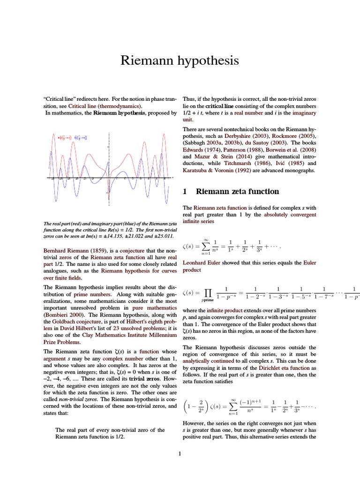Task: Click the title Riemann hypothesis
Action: [x=180, y=60]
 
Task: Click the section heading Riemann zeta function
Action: [x=238, y=191]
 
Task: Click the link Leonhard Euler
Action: [x=202, y=263]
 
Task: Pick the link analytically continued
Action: [x=204, y=361]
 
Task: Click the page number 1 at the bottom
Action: [x=180, y=453]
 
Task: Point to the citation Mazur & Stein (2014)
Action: [x=215, y=156]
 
